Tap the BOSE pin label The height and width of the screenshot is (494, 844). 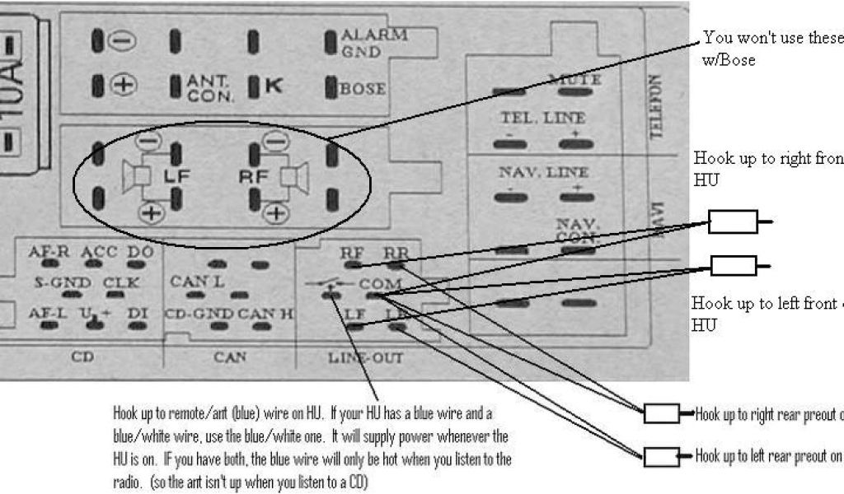point(363,88)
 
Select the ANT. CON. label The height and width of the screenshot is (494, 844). point(211,88)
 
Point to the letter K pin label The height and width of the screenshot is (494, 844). point(273,86)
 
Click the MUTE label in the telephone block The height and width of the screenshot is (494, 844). point(574,80)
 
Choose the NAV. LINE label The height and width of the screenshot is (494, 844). point(543,173)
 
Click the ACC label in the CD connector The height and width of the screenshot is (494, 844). point(100,252)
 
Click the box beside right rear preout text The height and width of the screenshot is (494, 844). point(661,413)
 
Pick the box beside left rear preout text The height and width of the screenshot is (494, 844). point(661,455)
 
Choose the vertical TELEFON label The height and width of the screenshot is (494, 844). point(656,107)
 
